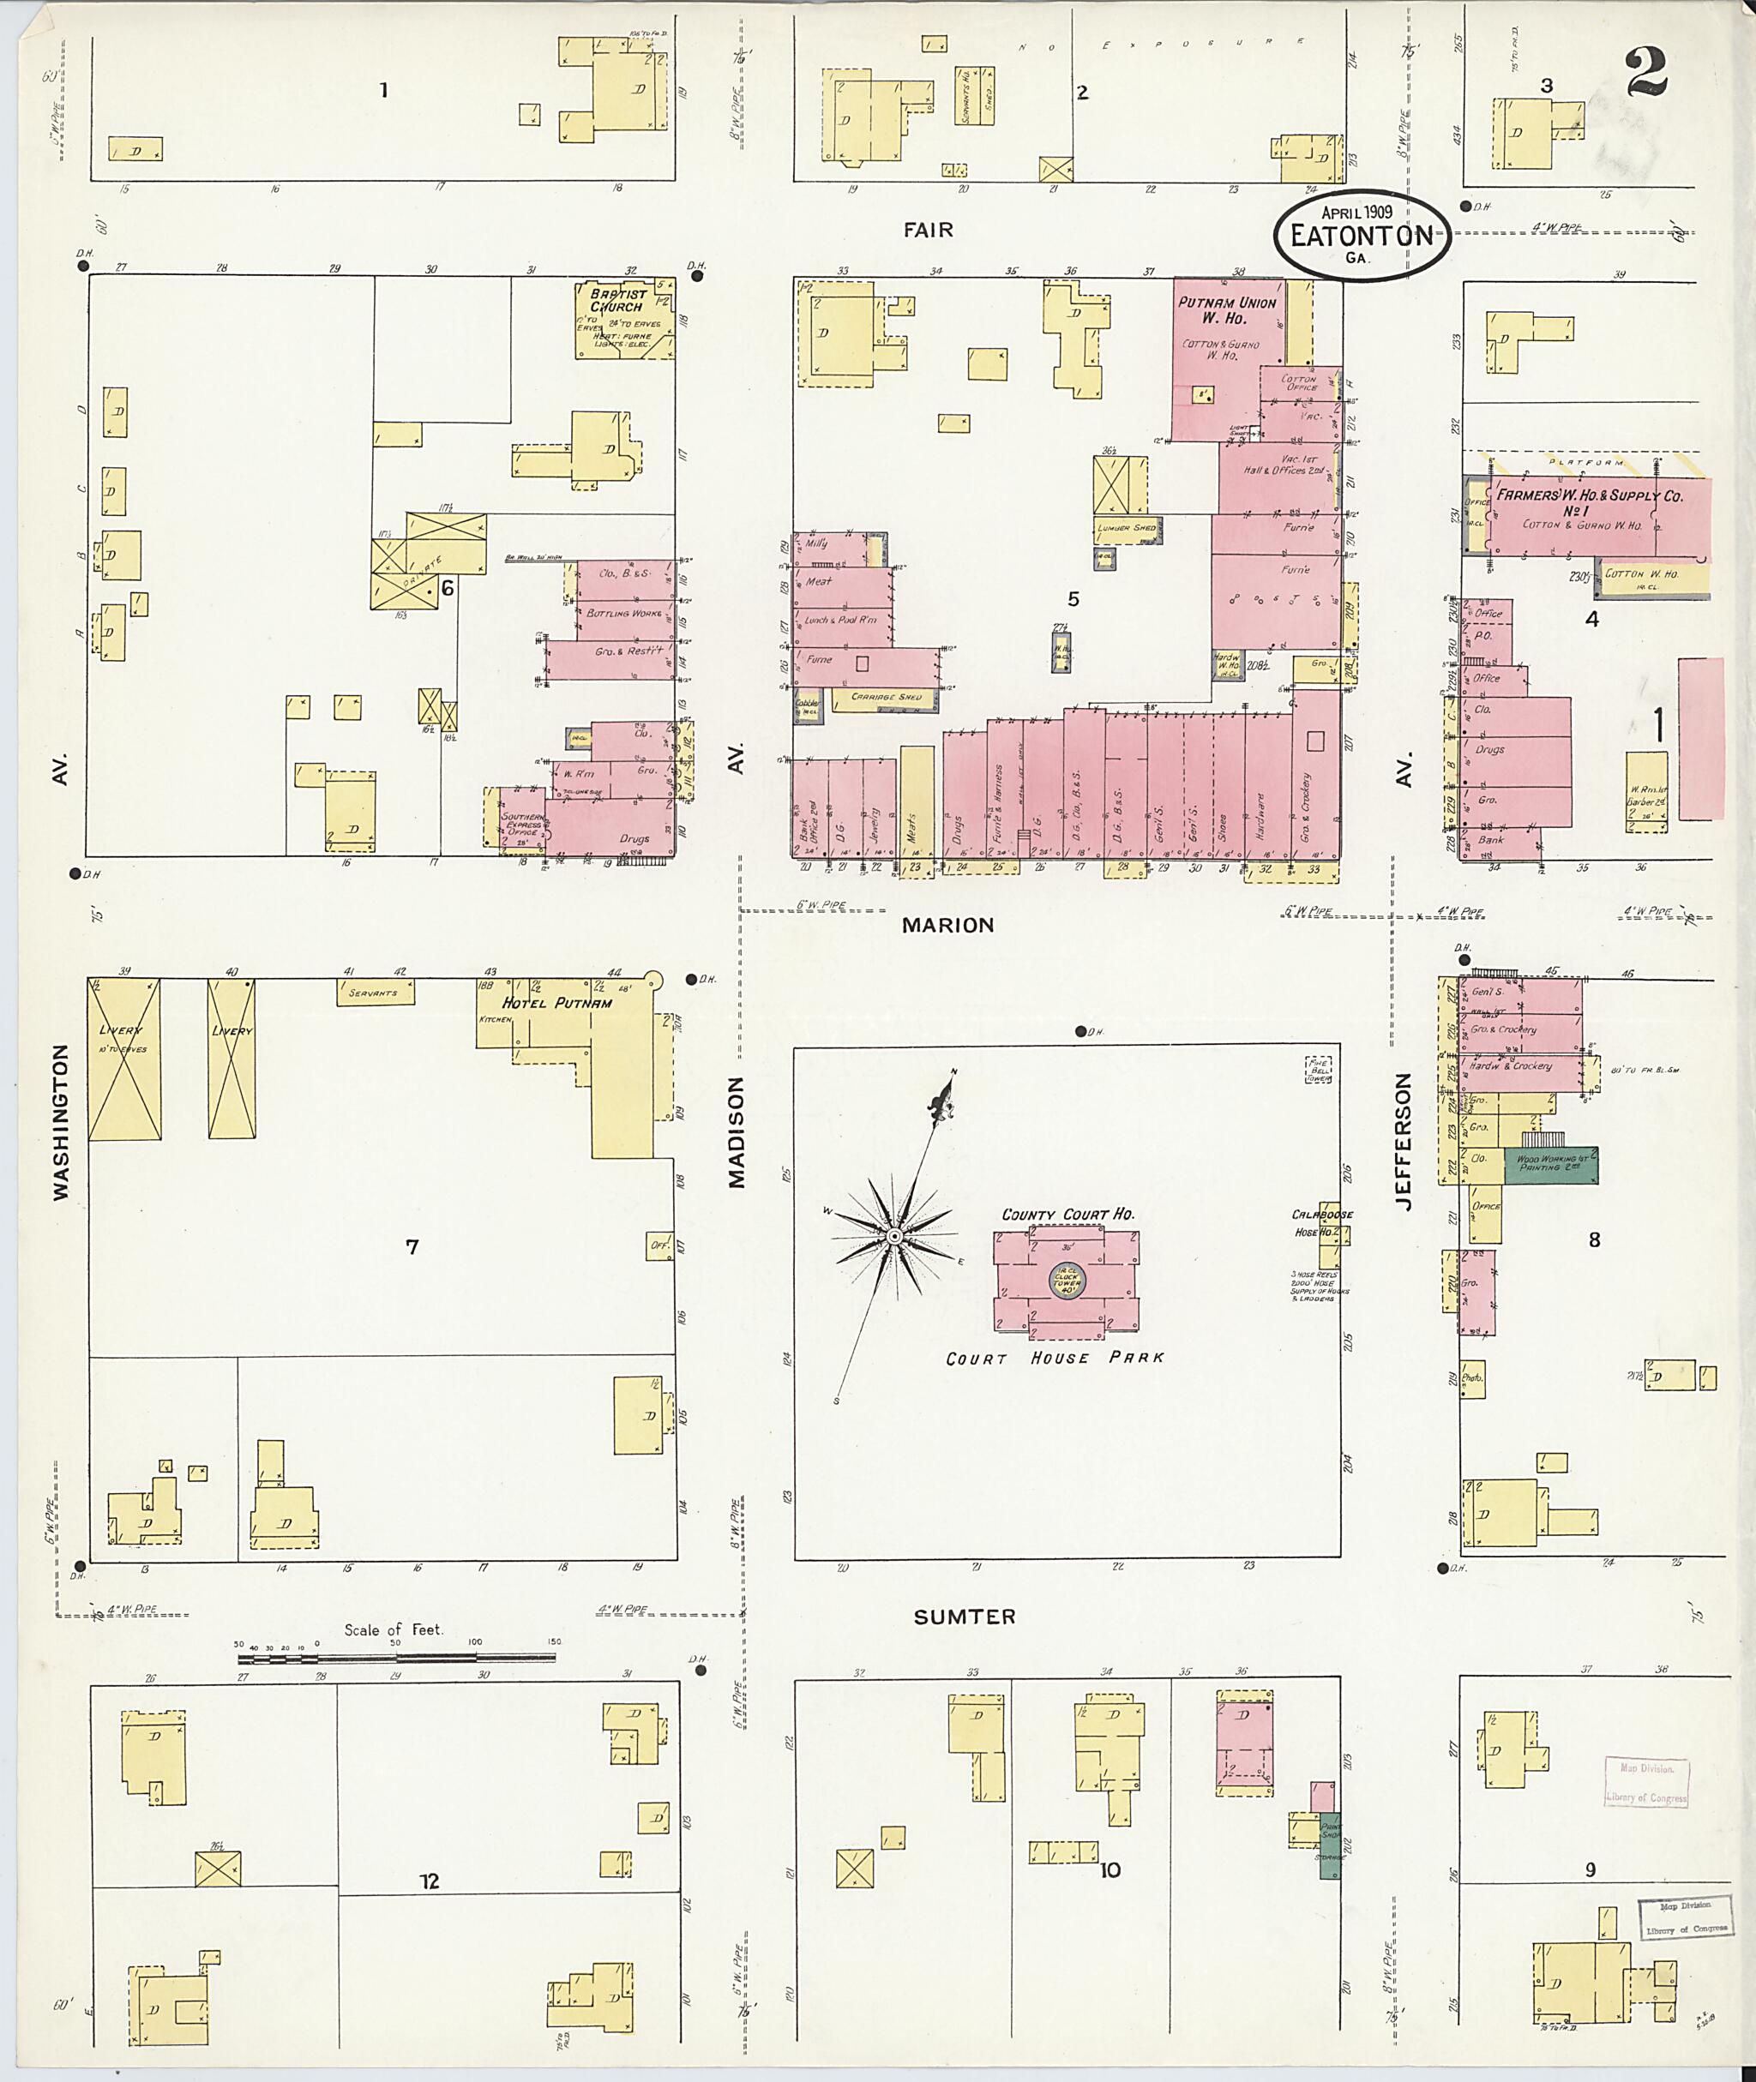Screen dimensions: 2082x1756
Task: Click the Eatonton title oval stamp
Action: (1362, 234)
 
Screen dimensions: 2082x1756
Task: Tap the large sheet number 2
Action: (1646, 73)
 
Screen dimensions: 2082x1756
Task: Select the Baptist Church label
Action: (618, 299)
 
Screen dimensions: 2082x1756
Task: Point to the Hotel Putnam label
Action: (557, 1003)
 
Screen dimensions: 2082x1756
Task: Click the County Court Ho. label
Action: (1067, 1215)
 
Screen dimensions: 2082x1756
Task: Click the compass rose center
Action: (894, 1236)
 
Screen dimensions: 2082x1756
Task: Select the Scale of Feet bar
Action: (396, 1658)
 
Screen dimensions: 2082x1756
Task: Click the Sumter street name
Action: (965, 1617)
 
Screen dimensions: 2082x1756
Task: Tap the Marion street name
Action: (947, 925)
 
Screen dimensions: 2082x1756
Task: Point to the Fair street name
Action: (928, 230)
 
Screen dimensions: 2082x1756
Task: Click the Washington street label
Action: (62, 1122)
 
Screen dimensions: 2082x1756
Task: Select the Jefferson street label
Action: (1404, 1142)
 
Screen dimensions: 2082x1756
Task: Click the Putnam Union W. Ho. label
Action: (1226, 309)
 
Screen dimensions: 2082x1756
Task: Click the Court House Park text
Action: (1054, 1359)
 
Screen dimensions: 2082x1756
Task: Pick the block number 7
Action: (412, 1246)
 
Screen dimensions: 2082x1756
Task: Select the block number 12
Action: (429, 1881)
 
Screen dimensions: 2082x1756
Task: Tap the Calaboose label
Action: (1321, 1215)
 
